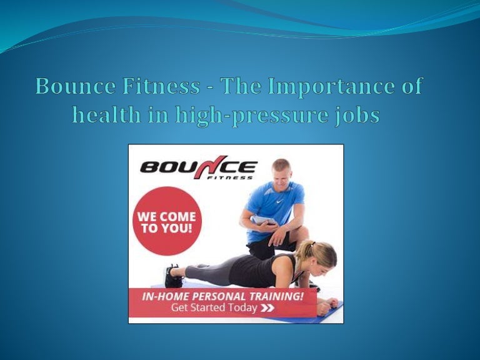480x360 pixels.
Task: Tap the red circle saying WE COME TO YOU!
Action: pyautogui.click(x=166, y=221)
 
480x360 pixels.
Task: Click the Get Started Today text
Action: pyautogui.click(x=214, y=307)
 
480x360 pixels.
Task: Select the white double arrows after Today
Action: pyautogui.click(x=267, y=307)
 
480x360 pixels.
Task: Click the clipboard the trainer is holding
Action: pyautogui.click(x=262, y=220)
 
